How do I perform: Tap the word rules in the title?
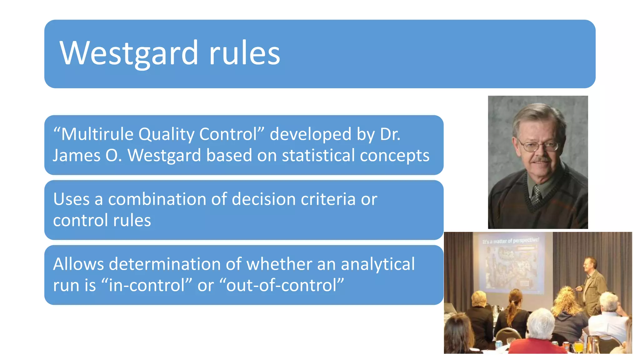(x=244, y=53)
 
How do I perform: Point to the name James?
(x=76, y=155)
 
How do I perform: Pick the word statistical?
(x=318, y=155)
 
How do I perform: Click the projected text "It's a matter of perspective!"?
(x=511, y=241)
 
